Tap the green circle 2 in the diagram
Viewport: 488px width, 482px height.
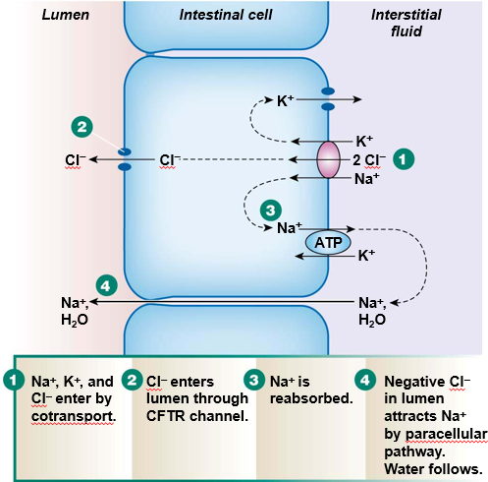pyautogui.click(x=83, y=127)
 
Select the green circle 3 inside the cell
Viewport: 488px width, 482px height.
pyautogui.click(x=268, y=209)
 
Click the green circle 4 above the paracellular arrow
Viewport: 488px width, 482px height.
pyautogui.click(x=108, y=284)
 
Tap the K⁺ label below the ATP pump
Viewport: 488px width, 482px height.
pyautogui.click(x=367, y=256)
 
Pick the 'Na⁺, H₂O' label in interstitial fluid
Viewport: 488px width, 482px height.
pyautogui.click(x=371, y=311)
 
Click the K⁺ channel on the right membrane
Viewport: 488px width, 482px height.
pyautogui.click(x=328, y=99)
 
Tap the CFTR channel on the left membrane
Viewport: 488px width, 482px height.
pyautogui.click(x=125, y=159)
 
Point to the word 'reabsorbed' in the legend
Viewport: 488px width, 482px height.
pyautogui.click(x=298, y=397)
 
